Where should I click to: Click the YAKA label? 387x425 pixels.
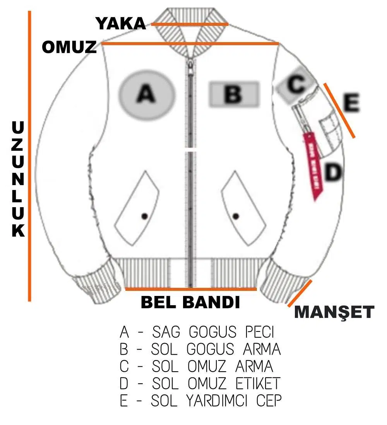pyautogui.click(x=121, y=24)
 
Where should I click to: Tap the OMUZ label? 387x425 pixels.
pyautogui.click(x=69, y=47)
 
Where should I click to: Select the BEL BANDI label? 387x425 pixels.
pyautogui.click(x=190, y=302)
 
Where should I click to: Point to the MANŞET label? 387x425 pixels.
pyautogui.click(x=334, y=312)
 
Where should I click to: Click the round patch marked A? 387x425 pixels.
pyautogui.click(x=147, y=94)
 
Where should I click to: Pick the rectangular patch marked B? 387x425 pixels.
pyautogui.click(x=234, y=94)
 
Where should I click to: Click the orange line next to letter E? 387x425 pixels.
pyautogui.click(x=339, y=110)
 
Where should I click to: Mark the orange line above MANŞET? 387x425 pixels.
pyautogui.click(x=300, y=294)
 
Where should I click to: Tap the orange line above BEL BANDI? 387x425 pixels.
pyautogui.click(x=191, y=289)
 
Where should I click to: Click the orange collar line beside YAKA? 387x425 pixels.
pyautogui.click(x=190, y=24)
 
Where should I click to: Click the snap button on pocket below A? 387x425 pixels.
pyautogui.click(x=145, y=216)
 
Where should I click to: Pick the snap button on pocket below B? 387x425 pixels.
pyautogui.click(x=236, y=216)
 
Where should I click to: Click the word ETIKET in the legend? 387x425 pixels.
pyautogui.click(x=258, y=384)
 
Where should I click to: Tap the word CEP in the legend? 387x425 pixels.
pyautogui.click(x=269, y=401)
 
